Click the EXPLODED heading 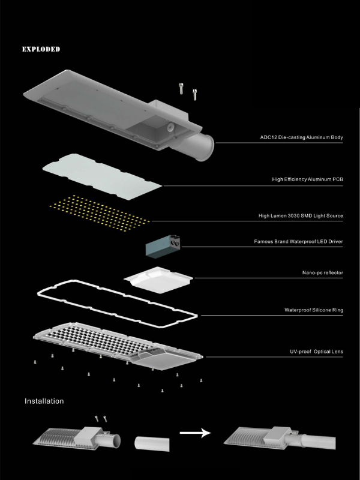(x=41, y=49)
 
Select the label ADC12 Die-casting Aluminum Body (x=302, y=137)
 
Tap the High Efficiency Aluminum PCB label (x=308, y=179)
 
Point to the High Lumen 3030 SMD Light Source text (x=301, y=216)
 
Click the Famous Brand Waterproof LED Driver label (x=298, y=242)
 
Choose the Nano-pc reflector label (x=323, y=273)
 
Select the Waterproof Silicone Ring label (x=314, y=310)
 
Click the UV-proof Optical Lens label (x=317, y=352)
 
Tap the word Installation (x=44, y=401)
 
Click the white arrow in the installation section (x=196, y=433)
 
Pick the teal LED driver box (x=163, y=247)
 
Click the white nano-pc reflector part (x=158, y=280)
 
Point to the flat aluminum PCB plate (x=102, y=176)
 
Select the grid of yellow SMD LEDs (x=100, y=213)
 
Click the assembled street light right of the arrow (x=280, y=439)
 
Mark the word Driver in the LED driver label (x=336, y=242)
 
